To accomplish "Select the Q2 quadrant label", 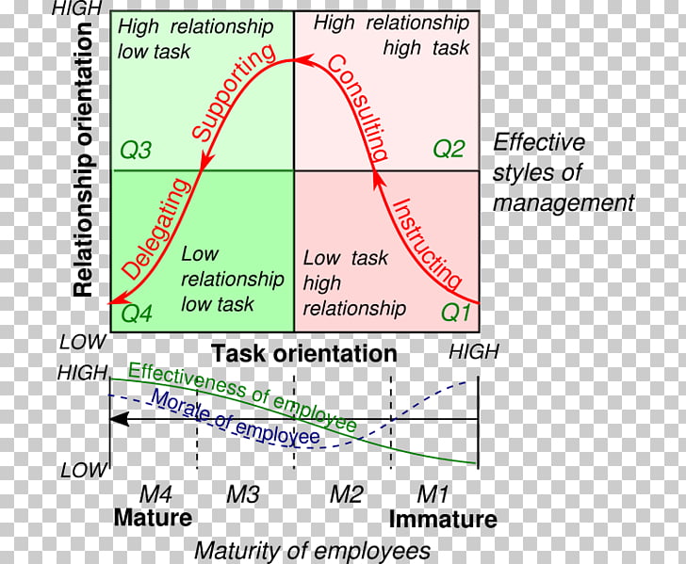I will (449, 148).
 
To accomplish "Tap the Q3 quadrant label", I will (138, 149).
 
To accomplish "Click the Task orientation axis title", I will (304, 354).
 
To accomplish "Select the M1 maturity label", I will (434, 494).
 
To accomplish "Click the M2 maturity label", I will (346, 494).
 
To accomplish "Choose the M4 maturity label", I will (154, 494).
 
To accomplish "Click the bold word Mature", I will (153, 518).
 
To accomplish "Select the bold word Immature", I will (443, 519).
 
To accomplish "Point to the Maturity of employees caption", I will (312, 550).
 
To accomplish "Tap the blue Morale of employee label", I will (236, 417).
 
